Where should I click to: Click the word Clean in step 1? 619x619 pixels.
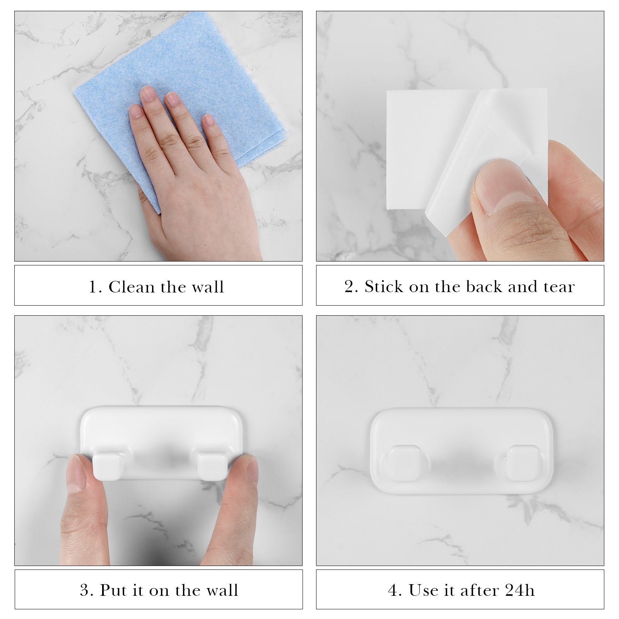tap(132, 287)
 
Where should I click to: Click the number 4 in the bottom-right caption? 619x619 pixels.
tap(393, 591)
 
